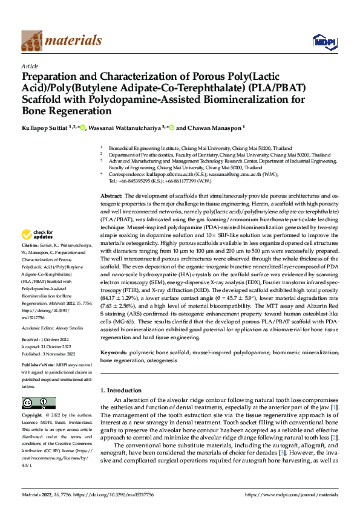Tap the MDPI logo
point(321,41)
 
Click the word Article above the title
point(30,66)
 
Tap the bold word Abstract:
point(111,196)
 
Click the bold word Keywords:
point(114,351)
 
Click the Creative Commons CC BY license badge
point(38,403)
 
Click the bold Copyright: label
point(32,416)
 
